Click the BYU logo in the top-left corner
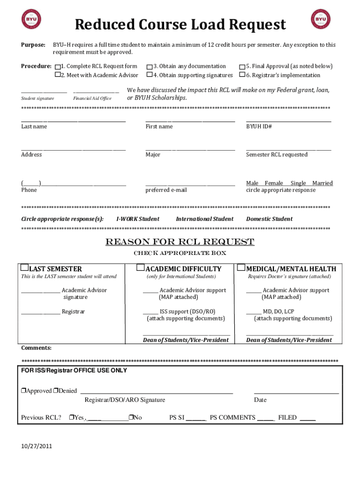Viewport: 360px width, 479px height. pyautogui.click(x=31, y=19)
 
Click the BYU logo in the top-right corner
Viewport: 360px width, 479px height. pyautogui.click(x=320, y=19)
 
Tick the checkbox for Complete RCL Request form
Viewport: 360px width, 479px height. pyautogui.click(x=58, y=66)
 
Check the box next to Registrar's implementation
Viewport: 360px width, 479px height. pyautogui.click(x=242, y=75)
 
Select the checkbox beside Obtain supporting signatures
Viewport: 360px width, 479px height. pyautogui.click(x=149, y=75)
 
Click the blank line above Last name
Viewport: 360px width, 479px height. pyautogui.click(x=73, y=122)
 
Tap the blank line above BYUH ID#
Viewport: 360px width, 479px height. pyautogui.click(x=288, y=122)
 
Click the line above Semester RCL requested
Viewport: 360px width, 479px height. pyautogui.click(x=288, y=150)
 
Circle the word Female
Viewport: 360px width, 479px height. pyautogui.click(x=274, y=183)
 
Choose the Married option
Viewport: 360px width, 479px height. pyautogui.click(x=323, y=183)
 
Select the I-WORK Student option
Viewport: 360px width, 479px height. pyautogui.click(x=137, y=219)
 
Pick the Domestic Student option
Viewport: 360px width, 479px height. pyautogui.click(x=269, y=219)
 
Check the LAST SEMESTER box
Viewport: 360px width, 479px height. pyautogui.click(x=25, y=268)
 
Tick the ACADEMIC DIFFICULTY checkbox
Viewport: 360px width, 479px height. pyautogui.click(x=140, y=268)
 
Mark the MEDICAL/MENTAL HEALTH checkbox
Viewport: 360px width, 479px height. pyautogui.click(x=241, y=268)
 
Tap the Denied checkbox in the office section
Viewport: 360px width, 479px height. pyautogui.click(x=55, y=391)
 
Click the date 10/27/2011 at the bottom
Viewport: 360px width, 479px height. pyautogui.click(x=36, y=446)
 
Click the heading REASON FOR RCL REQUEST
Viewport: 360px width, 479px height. pyautogui.click(x=180, y=242)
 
